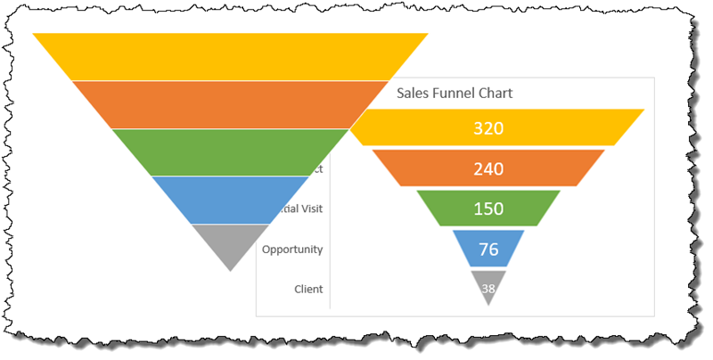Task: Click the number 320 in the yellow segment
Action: click(x=488, y=128)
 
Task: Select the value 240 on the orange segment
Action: click(x=488, y=168)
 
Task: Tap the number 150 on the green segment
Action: click(x=488, y=209)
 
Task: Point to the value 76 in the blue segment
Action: click(x=488, y=250)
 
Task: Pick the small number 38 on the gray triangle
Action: click(x=488, y=288)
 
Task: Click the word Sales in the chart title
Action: click(x=414, y=93)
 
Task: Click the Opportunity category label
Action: click(x=292, y=250)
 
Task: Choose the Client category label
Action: click(x=307, y=289)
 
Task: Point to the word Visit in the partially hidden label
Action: click(x=308, y=209)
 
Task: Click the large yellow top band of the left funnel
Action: click(x=230, y=56)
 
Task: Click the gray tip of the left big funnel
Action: click(x=230, y=241)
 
